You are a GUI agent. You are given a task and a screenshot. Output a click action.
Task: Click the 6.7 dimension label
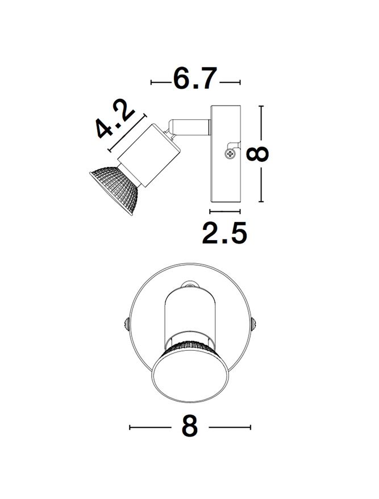click(x=195, y=78)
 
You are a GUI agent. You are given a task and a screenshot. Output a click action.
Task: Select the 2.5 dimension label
click(x=224, y=233)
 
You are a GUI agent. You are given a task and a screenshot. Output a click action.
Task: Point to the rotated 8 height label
click(x=257, y=154)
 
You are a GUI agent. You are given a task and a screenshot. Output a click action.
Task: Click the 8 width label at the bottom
click(x=190, y=426)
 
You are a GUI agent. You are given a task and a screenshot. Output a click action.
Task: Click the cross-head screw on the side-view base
click(x=230, y=154)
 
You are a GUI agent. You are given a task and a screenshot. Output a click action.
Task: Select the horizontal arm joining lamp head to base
click(x=189, y=126)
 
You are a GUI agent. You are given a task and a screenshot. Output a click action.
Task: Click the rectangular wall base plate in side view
click(x=225, y=154)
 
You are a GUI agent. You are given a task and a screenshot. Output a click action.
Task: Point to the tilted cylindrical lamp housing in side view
click(x=148, y=155)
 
